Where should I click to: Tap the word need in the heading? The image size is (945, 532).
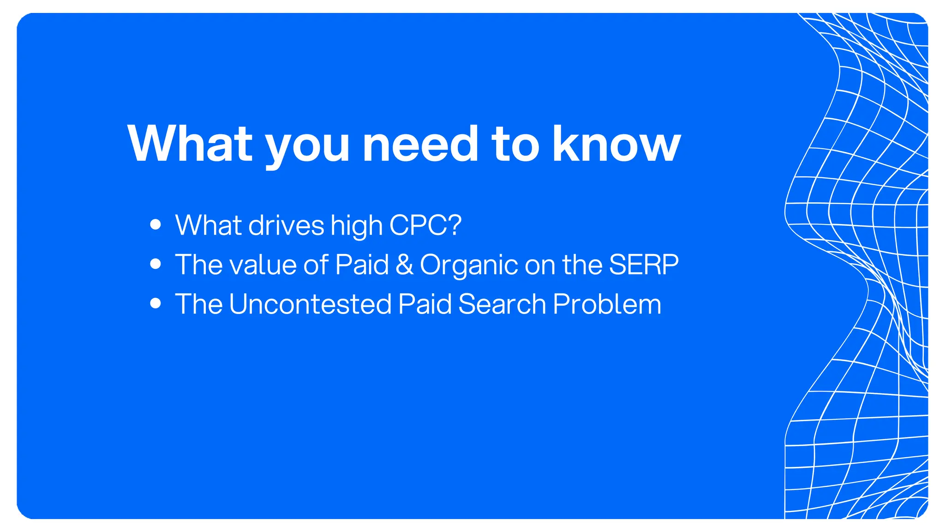click(420, 144)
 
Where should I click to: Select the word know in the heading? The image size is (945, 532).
click(616, 144)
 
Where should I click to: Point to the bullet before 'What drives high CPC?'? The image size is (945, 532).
click(156, 225)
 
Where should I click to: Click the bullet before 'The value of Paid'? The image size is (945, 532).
click(156, 264)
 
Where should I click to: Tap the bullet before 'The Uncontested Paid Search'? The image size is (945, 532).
click(156, 303)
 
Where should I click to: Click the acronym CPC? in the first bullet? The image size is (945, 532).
click(425, 225)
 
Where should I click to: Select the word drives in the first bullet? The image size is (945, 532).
click(286, 225)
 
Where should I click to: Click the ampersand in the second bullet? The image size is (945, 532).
click(404, 265)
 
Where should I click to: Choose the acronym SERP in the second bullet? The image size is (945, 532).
click(644, 265)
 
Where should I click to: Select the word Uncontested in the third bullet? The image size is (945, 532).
click(310, 304)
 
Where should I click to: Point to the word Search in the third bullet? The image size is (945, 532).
click(502, 304)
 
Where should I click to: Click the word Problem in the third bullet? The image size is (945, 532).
click(607, 304)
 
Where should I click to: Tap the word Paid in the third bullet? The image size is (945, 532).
click(425, 304)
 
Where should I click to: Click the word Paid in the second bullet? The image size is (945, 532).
click(362, 265)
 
